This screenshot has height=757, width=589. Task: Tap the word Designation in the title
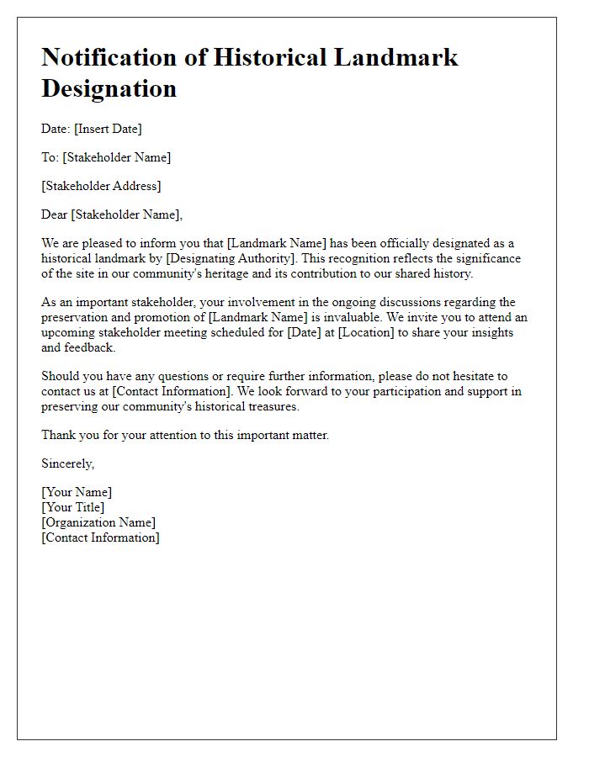coord(109,87)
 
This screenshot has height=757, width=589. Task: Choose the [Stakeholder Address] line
coord(101,186)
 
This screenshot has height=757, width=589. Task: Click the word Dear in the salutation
coord(55,214)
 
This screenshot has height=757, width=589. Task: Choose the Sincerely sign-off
coord(68,463)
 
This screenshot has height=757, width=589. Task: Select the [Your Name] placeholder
coord(77,492)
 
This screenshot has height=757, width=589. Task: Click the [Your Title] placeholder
coord(73,507)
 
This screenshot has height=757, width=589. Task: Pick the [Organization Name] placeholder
coord(98,522)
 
